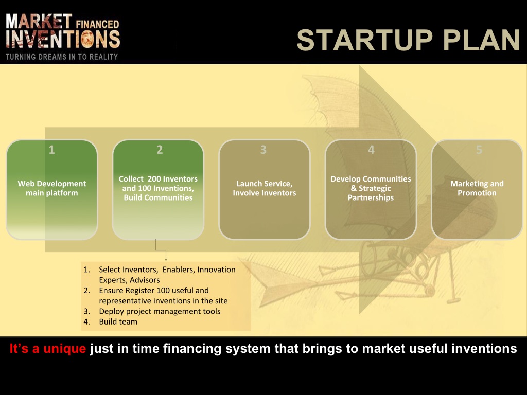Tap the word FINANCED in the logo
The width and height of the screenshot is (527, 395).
(97, 25)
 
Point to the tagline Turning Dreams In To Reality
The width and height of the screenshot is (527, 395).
(62, 57)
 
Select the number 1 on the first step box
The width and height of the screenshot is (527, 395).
(52, 150)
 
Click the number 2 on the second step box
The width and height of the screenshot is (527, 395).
(160, 150)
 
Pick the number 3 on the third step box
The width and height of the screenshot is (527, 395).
(263, 150)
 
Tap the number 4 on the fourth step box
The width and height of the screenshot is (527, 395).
(372, 150)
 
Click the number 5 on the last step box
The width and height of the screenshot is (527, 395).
(479, 150)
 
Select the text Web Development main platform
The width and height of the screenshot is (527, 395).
(52, 188)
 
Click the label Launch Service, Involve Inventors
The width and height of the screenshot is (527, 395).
(265, 188)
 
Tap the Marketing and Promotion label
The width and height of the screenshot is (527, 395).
(477, 188)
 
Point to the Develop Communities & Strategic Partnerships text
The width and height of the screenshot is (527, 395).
(371, 188)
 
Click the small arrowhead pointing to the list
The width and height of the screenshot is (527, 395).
(166, 259)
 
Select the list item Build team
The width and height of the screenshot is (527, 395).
(118, 322)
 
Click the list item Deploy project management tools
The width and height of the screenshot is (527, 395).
(160, 311)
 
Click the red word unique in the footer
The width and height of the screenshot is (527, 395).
(64, 349)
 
